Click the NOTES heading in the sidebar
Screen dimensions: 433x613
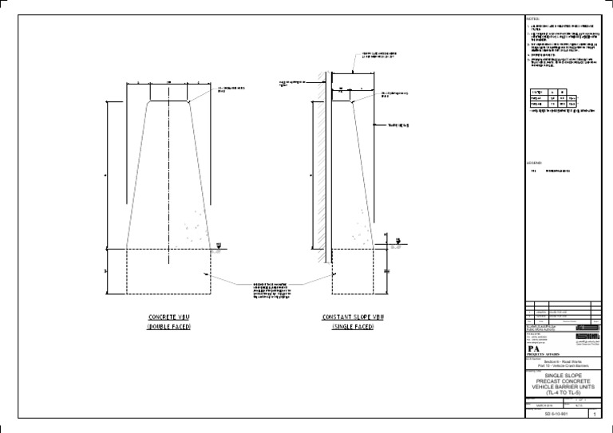click(x=533, y=18)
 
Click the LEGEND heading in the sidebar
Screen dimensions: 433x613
click(x=534, y=162)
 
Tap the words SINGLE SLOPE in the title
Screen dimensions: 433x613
click(x=564, y=374)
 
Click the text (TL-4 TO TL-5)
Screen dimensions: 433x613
click(x=564, y=394)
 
